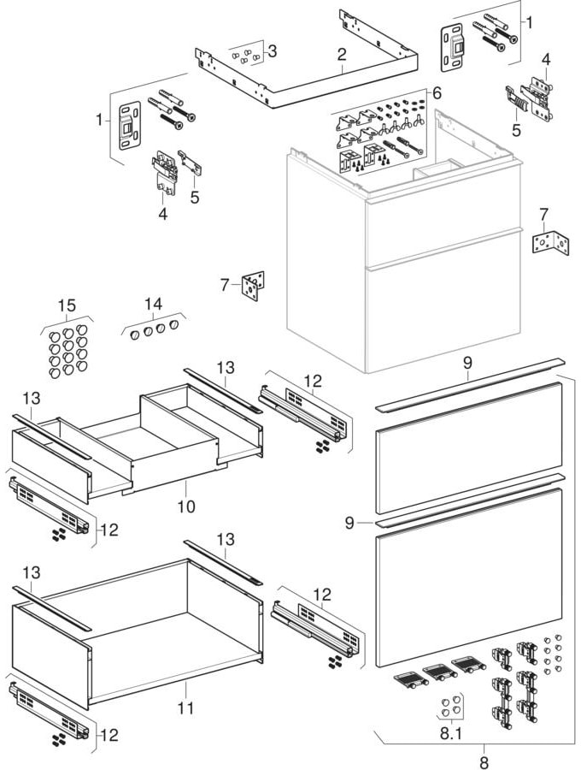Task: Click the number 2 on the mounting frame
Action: click(341, 53)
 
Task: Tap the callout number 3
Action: click(272, 50)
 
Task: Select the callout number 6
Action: click(436, 92)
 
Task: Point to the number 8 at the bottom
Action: click(484, 760)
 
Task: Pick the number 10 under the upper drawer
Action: click(185, 506)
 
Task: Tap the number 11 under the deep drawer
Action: click(186, 708)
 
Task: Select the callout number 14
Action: click(153, 304)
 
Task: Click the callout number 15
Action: click(67, 305)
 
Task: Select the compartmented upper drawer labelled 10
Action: click(137, 445)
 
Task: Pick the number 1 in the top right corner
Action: click(528, 23)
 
